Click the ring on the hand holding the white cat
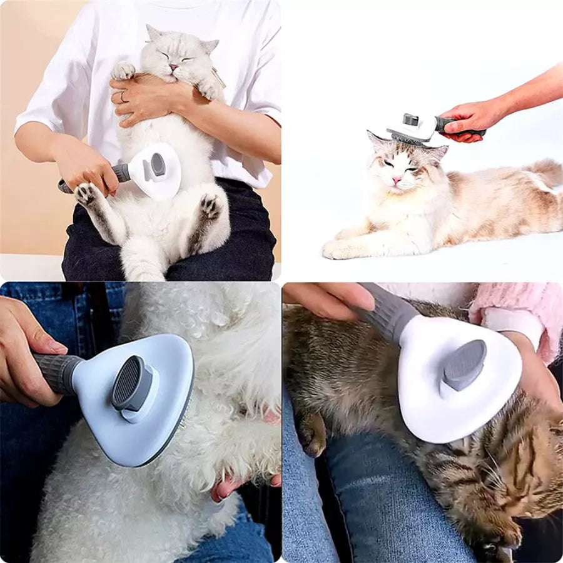tap(123, 97)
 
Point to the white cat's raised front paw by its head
tap(123, 70)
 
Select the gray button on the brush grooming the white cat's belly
tap(158, 165)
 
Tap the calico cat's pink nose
tap(395, 180)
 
